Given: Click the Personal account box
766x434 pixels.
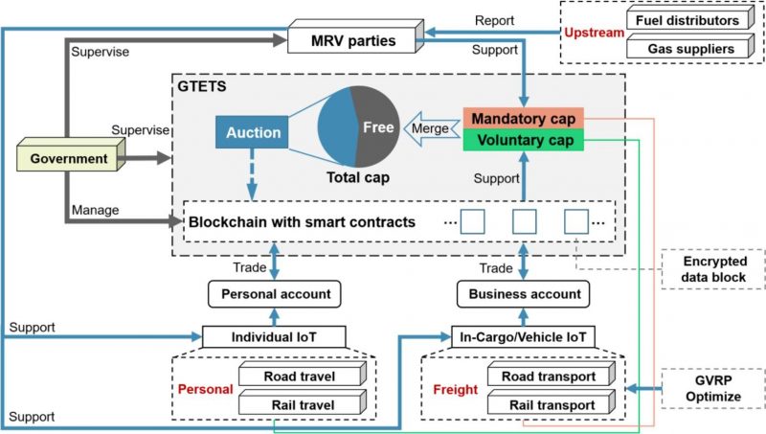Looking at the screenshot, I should tap(275, 293).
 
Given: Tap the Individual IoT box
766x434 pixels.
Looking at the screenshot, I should tap(275, 337).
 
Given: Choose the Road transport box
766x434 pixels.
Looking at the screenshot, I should tap(547, 377).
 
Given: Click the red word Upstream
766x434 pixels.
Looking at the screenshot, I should tap(591, 33).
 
